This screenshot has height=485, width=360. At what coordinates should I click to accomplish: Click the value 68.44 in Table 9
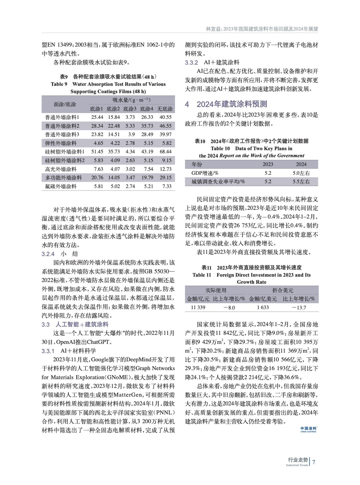click(x=166, y=152)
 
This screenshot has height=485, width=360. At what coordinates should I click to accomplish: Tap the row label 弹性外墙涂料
click(x=61, y=143)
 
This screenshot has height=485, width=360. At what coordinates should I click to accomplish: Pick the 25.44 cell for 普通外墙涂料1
click(x=97, y=117)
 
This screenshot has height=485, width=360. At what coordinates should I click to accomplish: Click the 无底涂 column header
click(x=165, y=109)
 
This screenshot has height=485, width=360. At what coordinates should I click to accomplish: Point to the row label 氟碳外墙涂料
click(x=61, y=186)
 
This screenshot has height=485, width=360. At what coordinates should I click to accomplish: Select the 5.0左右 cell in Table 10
click(x=301, y=173)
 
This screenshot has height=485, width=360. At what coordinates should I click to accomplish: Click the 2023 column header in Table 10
click(x=268, y=164)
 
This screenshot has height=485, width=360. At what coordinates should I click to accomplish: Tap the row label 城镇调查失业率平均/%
click(x=218, y=182)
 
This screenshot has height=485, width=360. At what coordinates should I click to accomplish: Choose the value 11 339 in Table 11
click(x=198, y=307)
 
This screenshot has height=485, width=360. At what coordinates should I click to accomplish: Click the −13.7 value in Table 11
click(x=299, y=307)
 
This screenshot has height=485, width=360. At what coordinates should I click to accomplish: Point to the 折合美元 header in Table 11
click(x=283, y=290)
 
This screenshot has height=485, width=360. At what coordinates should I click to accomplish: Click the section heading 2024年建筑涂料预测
click(x=232, y=104)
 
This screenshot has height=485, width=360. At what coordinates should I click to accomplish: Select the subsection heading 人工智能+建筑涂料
click(x=82, y=325)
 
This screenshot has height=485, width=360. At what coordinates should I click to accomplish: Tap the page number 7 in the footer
click(x=314, y=462)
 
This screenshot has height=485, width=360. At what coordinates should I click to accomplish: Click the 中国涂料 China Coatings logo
click(x=308, y=429)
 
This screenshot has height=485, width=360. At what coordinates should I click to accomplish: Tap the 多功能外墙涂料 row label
click(x=63, y=178)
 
